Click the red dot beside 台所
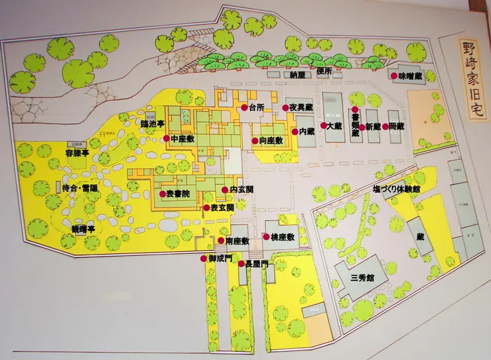pos(244,107)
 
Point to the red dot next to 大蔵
pos(323,125)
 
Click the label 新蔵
pos(373,126)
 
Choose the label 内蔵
pos(307,131)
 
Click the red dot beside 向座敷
pos(255,141)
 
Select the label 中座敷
pos(182,139)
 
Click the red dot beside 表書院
pos(162,194)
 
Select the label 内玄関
pos(241,190)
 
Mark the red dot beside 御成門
pos(204,258)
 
